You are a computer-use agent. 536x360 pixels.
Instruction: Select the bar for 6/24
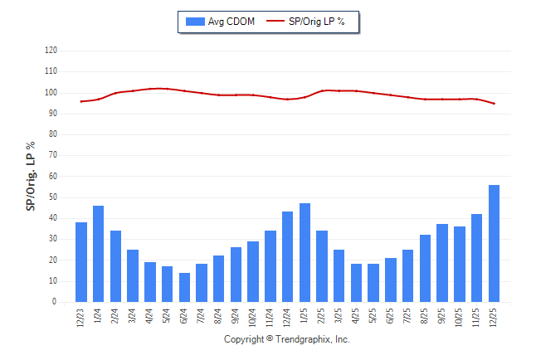pos(184,287)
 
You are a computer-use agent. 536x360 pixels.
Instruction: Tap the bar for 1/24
pos(98,254)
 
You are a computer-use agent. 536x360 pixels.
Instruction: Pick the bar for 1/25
pos(305,252)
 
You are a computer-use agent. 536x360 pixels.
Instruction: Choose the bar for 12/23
pos(81,262)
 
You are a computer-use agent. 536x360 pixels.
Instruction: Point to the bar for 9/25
pos(442,263)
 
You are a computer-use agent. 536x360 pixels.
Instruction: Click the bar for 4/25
pos(356,283)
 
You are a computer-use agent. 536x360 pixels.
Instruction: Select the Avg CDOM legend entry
pos(221,21)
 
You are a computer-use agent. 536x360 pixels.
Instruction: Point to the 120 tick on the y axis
pos(51,51)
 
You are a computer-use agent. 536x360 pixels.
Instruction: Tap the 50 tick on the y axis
pos(53,197)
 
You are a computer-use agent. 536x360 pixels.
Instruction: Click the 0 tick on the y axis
pos(55,302)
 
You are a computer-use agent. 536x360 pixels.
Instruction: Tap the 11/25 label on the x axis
pos(477,319)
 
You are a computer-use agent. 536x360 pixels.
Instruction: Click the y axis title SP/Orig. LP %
pos(31,176)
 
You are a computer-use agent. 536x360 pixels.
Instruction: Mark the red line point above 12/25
pos(494,104)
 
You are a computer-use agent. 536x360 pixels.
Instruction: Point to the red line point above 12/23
pos(81,101)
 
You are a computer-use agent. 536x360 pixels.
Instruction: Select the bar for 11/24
pos(270,266)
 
